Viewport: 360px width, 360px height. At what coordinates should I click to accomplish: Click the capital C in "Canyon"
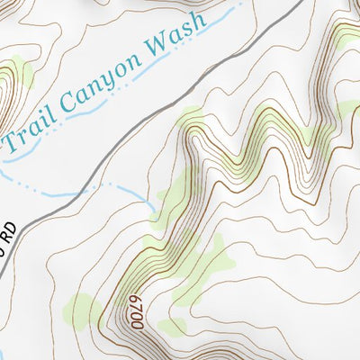tap(75, 103)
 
